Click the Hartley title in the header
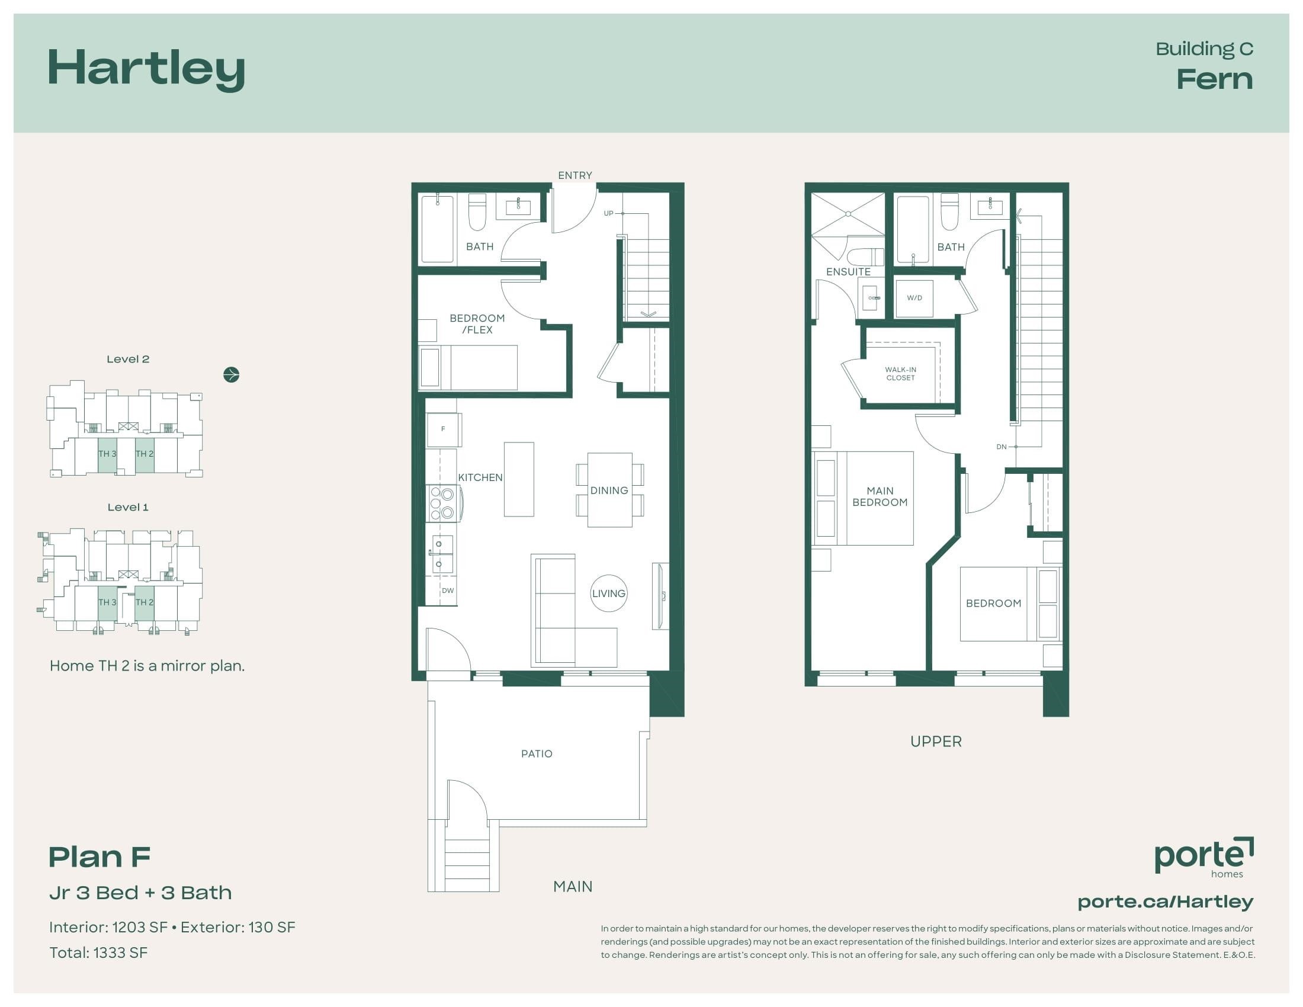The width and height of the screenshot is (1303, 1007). click(146, 69)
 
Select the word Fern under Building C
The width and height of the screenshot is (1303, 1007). click(1214, 79)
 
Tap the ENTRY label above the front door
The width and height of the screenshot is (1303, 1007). click(575, 175)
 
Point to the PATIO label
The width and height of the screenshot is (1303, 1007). click(537, 754)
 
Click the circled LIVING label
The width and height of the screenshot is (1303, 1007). click(608, 594)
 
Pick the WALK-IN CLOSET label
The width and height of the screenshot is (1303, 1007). click(900, 373)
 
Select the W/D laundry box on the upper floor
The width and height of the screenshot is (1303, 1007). click(914, 299)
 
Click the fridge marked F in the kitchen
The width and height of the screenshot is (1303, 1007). click(442, 429)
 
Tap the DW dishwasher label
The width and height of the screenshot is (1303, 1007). click(447, 591)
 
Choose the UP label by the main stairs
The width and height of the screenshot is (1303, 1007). click(608, 213)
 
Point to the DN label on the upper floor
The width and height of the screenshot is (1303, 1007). click(1001, 447)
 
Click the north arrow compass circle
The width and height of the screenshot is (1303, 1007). click(232, 374)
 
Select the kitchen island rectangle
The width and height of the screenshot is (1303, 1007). click(519, 479)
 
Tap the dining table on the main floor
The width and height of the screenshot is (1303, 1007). click(609, 490)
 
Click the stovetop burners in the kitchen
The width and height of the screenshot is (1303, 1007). click(442, 504)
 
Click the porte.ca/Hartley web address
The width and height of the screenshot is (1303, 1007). click(1165, 902)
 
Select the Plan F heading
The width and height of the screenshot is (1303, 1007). click(100, 857)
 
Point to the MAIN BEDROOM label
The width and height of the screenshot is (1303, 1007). click(880, 496)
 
